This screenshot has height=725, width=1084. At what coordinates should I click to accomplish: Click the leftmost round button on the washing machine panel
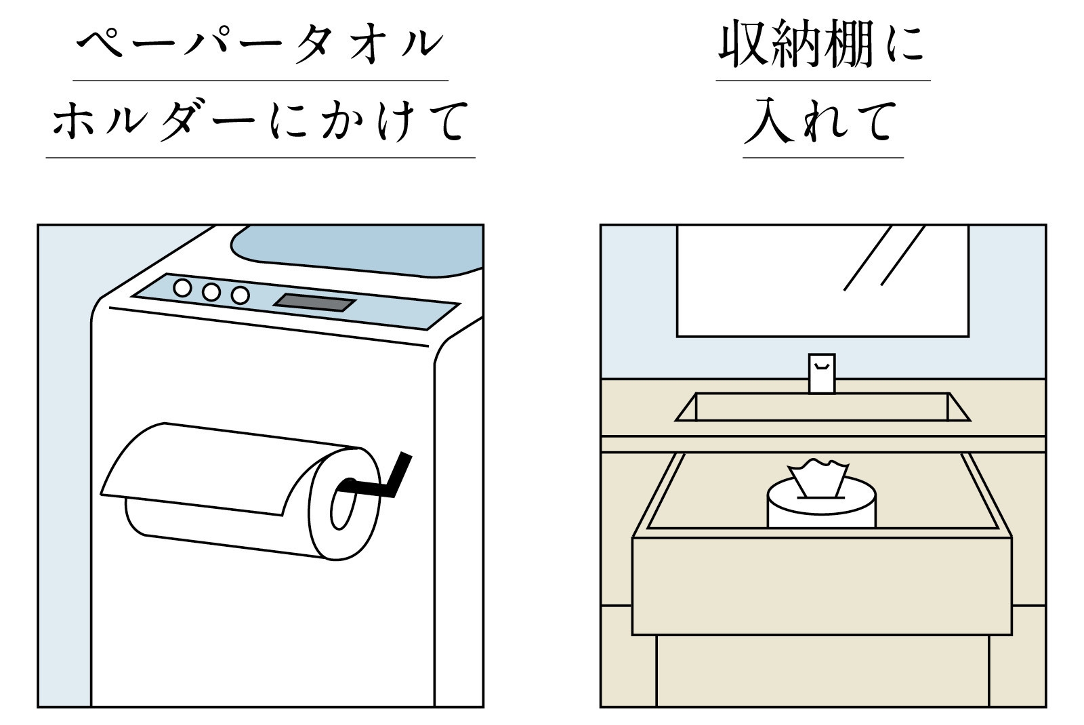pyautogui.click(x=182, y=287)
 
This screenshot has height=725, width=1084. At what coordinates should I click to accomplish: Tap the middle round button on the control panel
pyautogui.click(x=211, y=292)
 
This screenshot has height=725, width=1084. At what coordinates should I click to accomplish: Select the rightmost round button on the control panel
pyautogui.click(x=240, y=295)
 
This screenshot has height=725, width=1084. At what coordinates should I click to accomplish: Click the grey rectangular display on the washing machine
pyautogui.click(x=314, y=302)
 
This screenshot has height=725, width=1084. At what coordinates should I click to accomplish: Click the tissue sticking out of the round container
pyautogui.click(x=818, y=477)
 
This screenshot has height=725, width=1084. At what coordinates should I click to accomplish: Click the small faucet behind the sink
pyautogui.click(x=821, y=373)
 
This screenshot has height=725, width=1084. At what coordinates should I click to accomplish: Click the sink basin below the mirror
pyautogui.click(x=822, y=407)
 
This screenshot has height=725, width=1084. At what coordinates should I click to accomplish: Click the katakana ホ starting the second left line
pyautogui.click(x=73, y=122)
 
